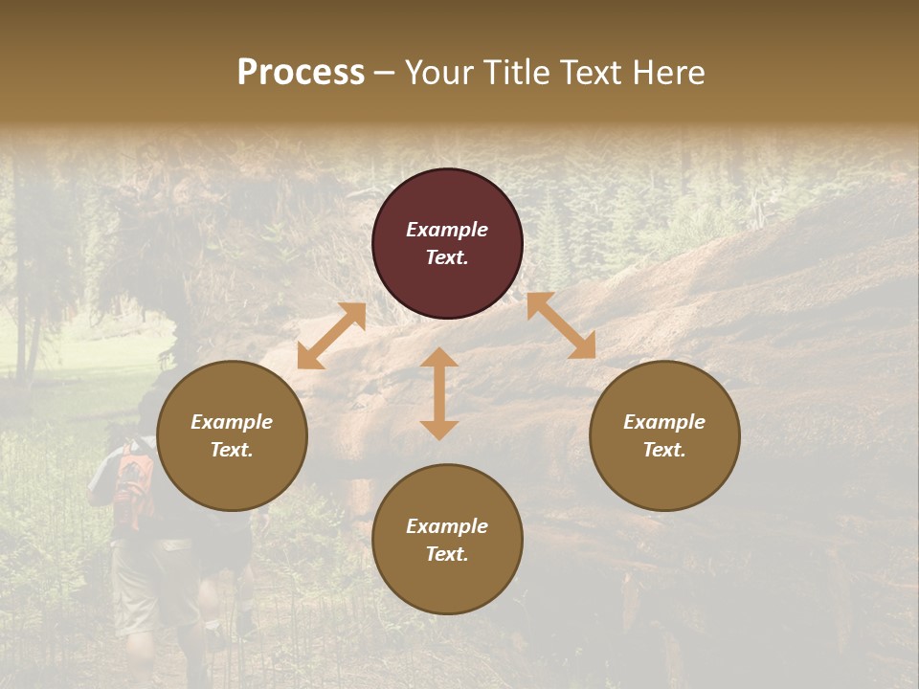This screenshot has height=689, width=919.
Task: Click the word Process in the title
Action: click(301, 73)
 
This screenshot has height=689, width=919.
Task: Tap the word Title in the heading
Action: click(515, 73)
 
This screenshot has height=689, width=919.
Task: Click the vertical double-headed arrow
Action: click(439, 393)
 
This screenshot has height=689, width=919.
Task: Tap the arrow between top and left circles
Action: click(331, 336)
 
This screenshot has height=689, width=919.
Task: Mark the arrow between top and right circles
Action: click(561, 325)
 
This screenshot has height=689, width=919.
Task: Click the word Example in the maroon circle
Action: click(447, 230)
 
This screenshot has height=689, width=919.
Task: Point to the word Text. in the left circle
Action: click(232, 450)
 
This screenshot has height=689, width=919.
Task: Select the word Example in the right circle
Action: click(664, 422)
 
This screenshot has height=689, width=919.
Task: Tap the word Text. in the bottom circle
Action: click(447, 554)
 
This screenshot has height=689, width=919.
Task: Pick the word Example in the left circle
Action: click(232, 422)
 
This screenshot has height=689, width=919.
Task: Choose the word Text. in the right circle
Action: click(664, 450)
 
